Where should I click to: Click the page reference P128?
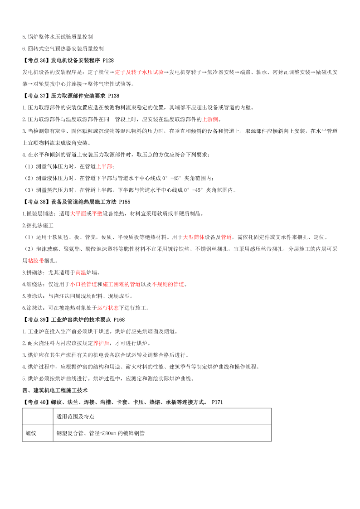pyautogui.click(x=107, y=60)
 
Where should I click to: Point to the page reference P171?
pyautogui.click(x=217, y=402)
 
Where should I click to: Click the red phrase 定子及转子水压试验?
pyautogui.click(x=139, y=72)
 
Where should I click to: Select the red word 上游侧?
pyautogui.click(x=210, y=119)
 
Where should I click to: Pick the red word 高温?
pyautogui.click(x=80, y=272)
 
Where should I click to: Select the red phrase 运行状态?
pyautogui.click(x=107, y=308)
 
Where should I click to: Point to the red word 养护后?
pyautogui.click(x=102, y=343)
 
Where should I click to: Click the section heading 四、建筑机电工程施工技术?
pyautogui.click(x=55, y=390)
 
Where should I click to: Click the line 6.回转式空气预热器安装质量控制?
pyautogui.click(x=63, y=48)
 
